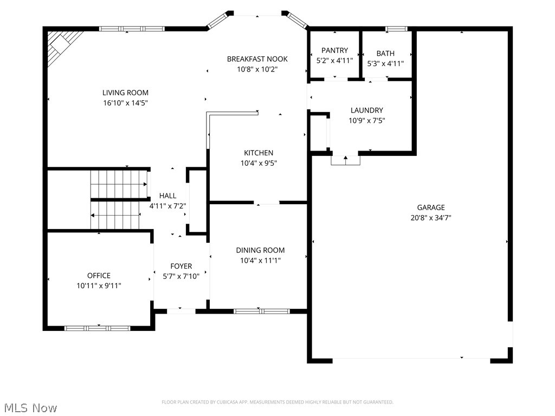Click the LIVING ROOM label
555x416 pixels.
point(125,93)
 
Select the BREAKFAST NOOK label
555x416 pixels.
point(257,59)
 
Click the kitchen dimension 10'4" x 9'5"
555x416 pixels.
point(259,163)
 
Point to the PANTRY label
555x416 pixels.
point(334,51)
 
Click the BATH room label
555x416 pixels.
point(385,53)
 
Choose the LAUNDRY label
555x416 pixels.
point(366,110)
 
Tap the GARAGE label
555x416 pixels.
point(431,207)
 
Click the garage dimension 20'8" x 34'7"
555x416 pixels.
point(431,218)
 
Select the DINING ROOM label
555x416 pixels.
point(260,250)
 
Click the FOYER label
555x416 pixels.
point(181,266)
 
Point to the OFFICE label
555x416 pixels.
point(99,276)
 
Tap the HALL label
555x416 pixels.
point(167,196)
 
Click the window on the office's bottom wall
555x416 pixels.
point(98,328)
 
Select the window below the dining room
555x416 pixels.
point(261,311)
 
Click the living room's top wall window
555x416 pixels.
point(132,29)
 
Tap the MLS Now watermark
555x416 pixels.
point(30,407)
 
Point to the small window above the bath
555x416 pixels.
point(396,28)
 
